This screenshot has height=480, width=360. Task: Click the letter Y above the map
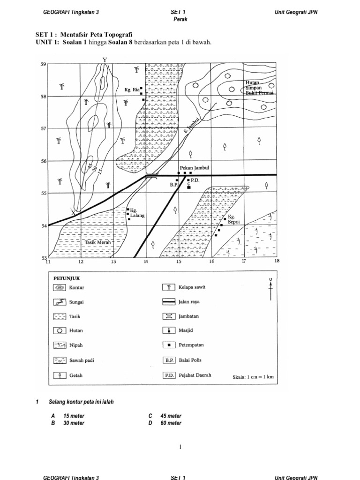click(x=105, y=59)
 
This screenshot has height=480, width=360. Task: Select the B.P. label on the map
click(x=173, y=185)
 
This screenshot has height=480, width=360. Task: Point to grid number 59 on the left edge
click(x=43, y=65)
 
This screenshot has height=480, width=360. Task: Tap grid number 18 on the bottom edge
click(x=276, y=261)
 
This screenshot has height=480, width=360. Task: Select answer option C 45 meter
click(x=165, y=416)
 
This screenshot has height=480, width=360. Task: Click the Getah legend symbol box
click(x=59, y=375)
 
